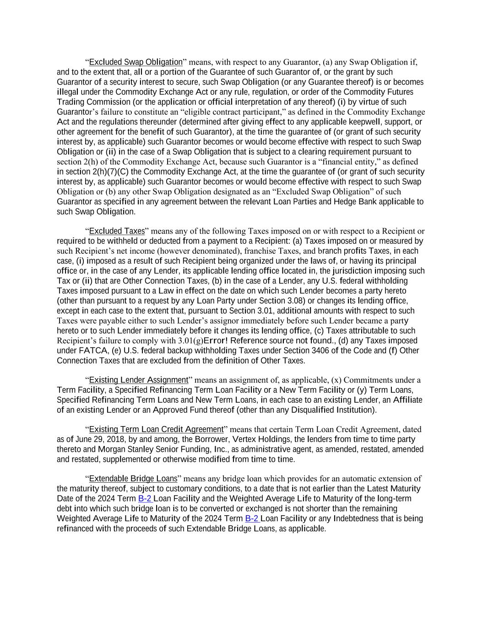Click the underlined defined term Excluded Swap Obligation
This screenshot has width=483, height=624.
(x=136, y=62)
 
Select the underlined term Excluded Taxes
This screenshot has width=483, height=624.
(x=117, y=231)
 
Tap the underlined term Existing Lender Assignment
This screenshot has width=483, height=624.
(x=138, y=380)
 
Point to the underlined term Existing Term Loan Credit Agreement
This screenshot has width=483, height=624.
(x=156, y=429)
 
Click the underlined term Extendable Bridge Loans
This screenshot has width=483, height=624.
(x=133, y=479)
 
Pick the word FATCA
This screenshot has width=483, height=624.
(x=93, y=351)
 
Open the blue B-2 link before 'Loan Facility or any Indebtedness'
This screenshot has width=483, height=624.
(x=252, y=518)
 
